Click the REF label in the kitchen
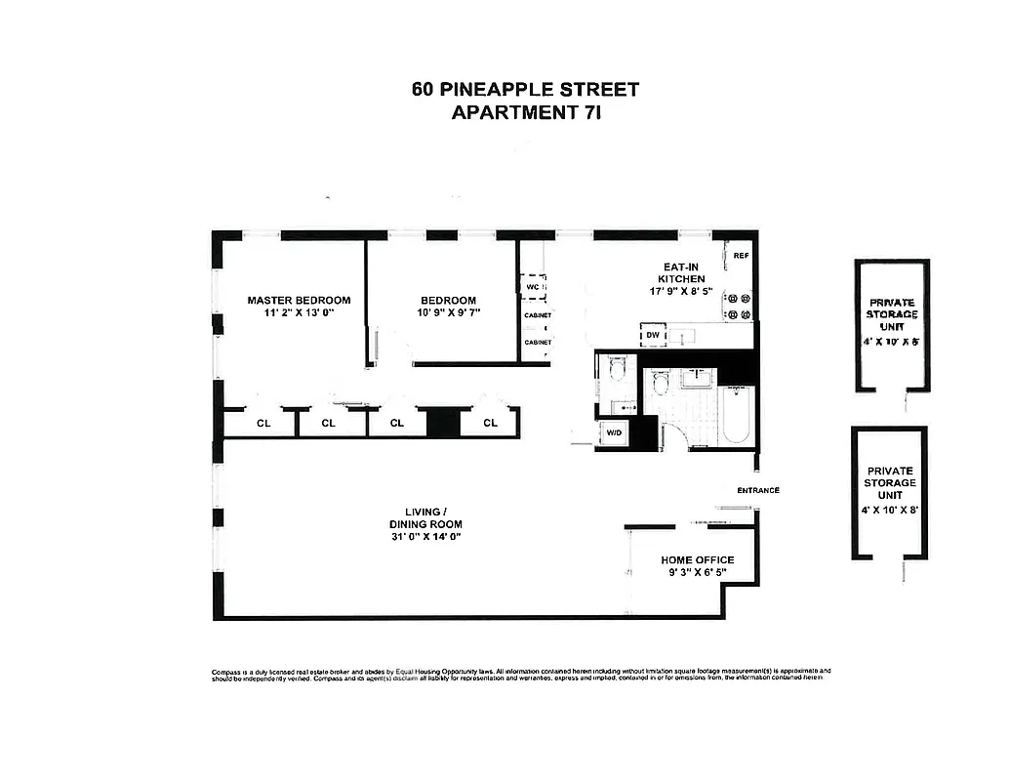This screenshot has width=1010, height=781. (741, 256)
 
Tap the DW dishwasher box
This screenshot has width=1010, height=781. (652, 335)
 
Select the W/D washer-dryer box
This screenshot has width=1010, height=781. (615, 432)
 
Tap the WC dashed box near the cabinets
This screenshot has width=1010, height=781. (534, 287)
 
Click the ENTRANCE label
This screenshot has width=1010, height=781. (757, 490)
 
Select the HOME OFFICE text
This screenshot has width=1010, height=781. (697, 560)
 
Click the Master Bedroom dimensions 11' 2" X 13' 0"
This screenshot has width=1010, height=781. (298, 312)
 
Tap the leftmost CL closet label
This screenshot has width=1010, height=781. (263, 423)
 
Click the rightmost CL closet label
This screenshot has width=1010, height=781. (491, 423)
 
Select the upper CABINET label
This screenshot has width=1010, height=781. (538, 315)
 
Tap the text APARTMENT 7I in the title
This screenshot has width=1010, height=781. (525, 112)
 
